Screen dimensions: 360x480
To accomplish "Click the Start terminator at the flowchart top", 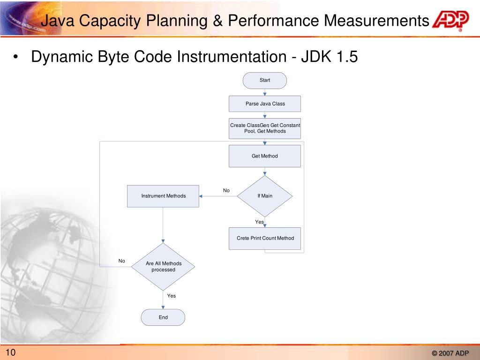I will pos(264,80).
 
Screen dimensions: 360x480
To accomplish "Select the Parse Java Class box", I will pos(264,104).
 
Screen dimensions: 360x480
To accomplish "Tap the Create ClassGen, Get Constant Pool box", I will pos(264,128).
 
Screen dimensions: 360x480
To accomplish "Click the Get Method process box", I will pos(264,156).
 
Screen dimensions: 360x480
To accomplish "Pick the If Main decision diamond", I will pos(264,196).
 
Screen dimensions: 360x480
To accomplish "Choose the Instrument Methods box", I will pos(163,196).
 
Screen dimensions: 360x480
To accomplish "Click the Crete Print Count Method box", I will pos(264,238).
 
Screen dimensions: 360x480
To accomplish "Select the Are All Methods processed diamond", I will pos(163,267).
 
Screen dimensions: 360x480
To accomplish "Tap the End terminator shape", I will pos(163,317).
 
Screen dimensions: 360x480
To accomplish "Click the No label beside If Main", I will pos(226,190).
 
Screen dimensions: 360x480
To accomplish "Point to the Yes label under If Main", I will pos(259,222).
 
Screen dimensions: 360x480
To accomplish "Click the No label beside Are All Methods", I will pos(122,261).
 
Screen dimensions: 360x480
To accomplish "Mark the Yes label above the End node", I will pos(172,296).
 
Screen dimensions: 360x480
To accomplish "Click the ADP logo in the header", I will pos(450,20).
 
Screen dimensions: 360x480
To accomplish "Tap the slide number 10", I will pos(11,353).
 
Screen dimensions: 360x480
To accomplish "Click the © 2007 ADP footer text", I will pos(450,353).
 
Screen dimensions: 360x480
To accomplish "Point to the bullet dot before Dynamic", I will pos(16,58).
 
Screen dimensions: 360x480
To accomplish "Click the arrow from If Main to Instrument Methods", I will pos(218,196).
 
